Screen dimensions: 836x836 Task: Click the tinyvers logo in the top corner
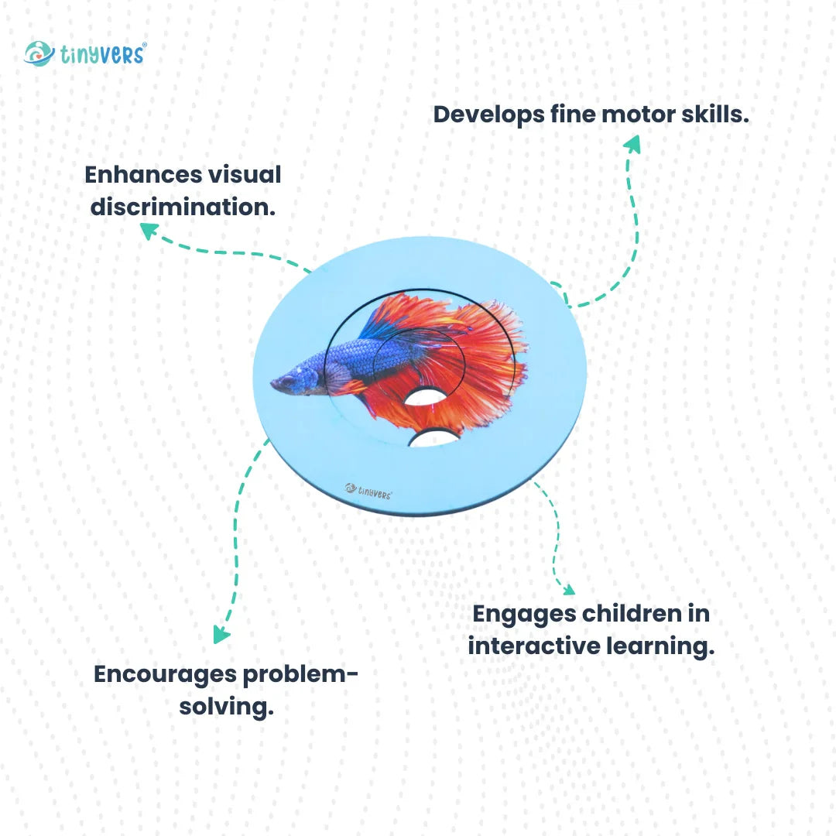(x=85, y=54)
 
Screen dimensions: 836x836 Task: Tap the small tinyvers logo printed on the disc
(x=368, y=491)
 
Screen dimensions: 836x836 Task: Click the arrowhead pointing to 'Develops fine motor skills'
(x=632, y=144)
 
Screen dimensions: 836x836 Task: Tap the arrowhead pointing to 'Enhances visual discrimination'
(x=149, y=231)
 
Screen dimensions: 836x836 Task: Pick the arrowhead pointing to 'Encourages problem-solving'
(x=221, y=635)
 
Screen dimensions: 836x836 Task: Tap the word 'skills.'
(x=715, y=114)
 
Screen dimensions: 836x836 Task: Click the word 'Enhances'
(x=143, y=174)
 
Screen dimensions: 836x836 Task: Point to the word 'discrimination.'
(x=183, y=207)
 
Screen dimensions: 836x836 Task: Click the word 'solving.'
(x=226, y=708)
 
